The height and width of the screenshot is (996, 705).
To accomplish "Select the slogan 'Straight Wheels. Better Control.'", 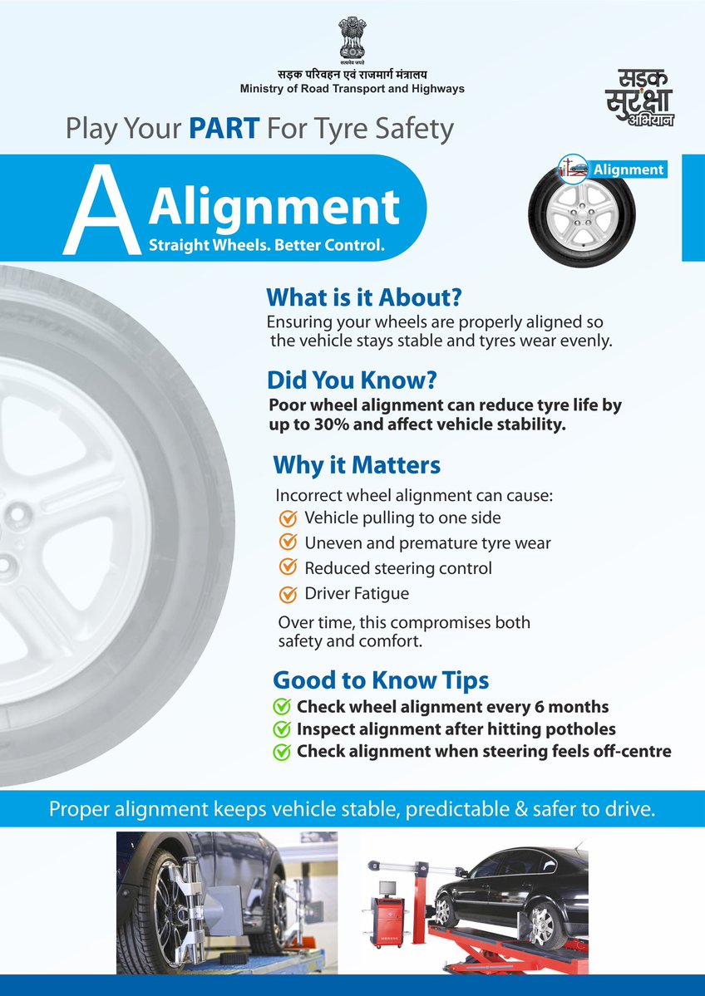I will point(267,247).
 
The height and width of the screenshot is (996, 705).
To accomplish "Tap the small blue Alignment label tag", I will point(628,169).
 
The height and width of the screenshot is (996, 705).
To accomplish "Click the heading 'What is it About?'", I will point(363,297).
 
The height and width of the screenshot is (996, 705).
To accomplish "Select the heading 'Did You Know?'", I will point(352,380).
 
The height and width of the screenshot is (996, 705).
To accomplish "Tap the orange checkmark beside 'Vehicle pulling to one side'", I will point(288,518).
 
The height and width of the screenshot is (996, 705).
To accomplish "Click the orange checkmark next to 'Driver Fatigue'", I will point(288,594).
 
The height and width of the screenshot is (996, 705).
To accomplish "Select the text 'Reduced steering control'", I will point(398,569).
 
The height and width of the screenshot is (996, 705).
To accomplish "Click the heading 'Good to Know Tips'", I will point(381,680).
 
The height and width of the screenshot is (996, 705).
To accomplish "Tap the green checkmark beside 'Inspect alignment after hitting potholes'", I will point(282,729).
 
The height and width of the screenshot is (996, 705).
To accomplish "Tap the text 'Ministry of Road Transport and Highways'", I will point(352,89).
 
